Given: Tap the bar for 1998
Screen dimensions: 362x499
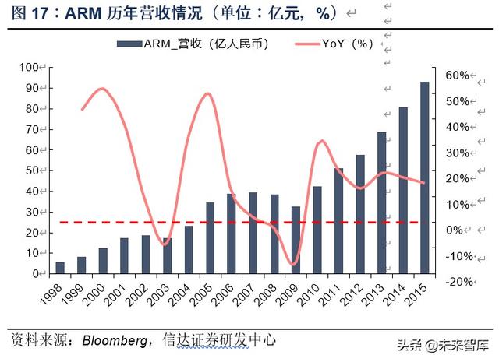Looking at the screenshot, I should click(x=60, y=268).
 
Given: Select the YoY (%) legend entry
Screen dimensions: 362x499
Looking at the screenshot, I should click(x=342, y=44).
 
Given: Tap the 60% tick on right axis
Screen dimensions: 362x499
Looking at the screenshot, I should click(x=457, y=76).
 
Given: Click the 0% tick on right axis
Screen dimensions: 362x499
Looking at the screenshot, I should click(x=459, y=230).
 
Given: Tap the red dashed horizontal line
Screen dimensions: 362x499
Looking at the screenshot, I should click(x=234, y=223).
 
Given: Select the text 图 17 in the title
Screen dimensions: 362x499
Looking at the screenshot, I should click(x=23, y=12).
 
